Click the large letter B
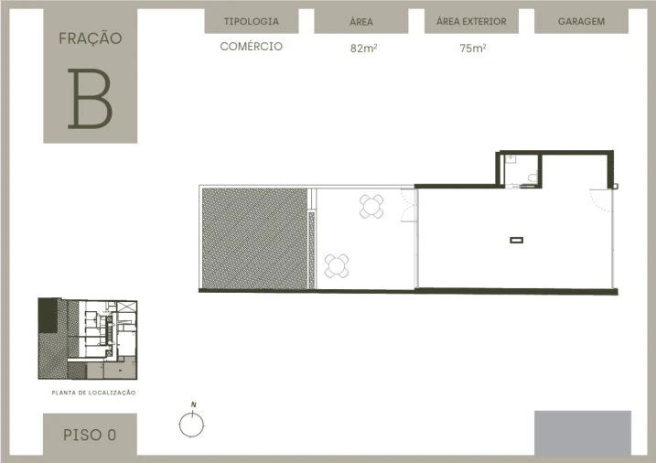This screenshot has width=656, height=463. (x=91, y=99)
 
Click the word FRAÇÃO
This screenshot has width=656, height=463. (x=91, y=38)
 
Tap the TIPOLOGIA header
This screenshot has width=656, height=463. (x=252, y=21)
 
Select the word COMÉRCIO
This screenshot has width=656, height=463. (x=252, y=46)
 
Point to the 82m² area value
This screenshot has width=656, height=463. (x=363, y=48)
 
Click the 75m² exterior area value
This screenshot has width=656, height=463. (x=473, y=48)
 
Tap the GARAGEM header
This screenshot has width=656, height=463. (x=581, y=21)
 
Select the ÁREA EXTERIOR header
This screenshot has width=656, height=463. (x=471, y=21)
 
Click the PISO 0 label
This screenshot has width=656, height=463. (x=90, y=435)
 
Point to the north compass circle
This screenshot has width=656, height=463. (x=191, y=425)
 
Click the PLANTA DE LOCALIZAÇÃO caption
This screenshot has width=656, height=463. (x=93, y=393)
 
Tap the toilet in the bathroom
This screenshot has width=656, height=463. (x=532, y=178)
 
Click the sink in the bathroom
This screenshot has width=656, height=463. (x=511, y=159)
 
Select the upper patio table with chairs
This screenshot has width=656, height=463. (x=371, y=206)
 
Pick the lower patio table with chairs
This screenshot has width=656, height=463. (x=337, y=266)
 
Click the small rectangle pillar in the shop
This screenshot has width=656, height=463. (x=517, y=240)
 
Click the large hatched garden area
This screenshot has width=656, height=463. (x=254, y=239)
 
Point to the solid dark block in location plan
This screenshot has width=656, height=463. (x=48, y=316)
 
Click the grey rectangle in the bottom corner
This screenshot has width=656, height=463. (x=583, y=433)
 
